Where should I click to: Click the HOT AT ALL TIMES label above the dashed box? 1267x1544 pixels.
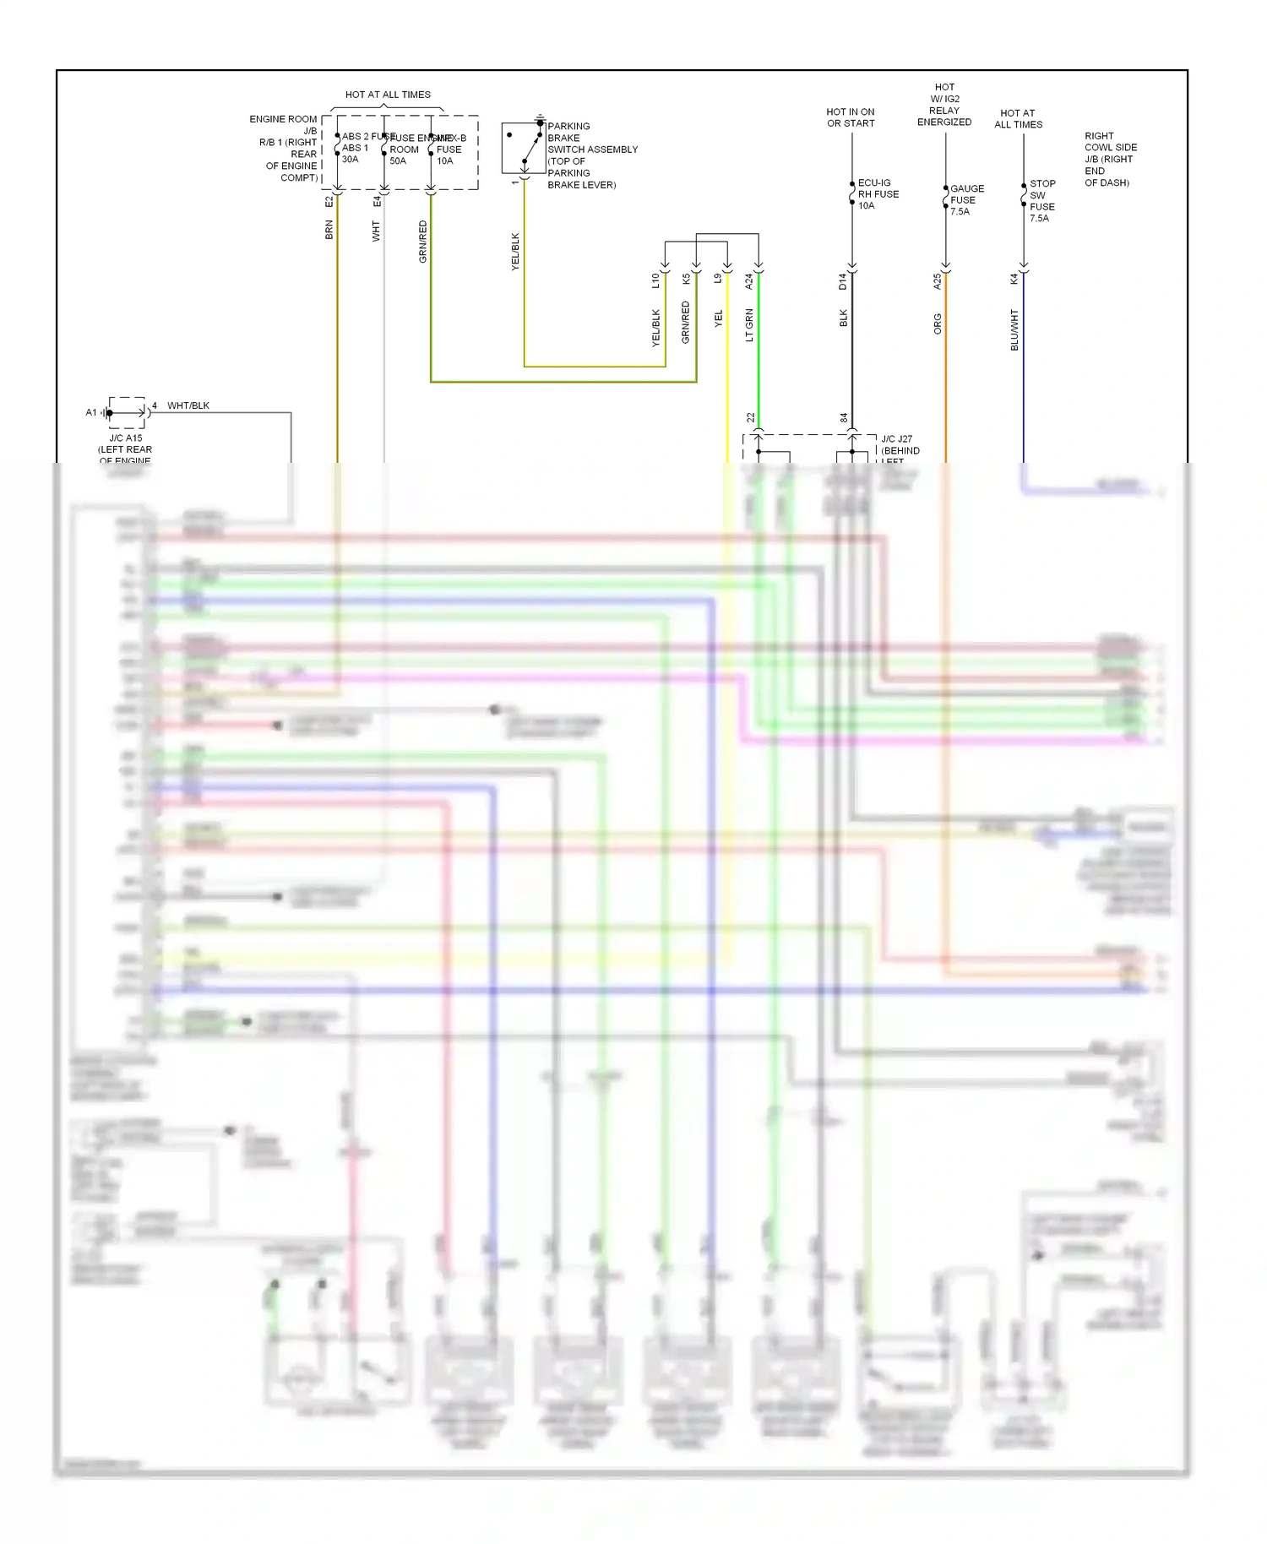[388, 95]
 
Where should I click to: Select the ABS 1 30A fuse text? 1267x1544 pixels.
[354, 153]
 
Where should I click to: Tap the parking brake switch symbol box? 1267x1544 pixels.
[524, 149]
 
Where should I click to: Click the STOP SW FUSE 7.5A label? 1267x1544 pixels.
[1041, 201]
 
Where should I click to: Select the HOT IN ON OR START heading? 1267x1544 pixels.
[850, 117]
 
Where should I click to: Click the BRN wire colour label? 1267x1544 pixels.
[329, 230]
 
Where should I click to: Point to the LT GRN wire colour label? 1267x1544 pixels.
[749, 325]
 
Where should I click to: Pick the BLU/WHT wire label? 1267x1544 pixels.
[1014, 329]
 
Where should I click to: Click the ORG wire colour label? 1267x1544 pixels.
[938, 324]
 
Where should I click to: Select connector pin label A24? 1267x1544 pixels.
[749, 281]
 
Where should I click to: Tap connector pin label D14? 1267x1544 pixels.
[843, 281]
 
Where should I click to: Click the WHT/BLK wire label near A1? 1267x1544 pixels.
[188, 405]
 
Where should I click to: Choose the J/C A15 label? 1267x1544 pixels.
[126, 438]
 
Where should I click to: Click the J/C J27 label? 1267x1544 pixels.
[896, 439]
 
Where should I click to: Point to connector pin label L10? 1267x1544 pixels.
[655, 280]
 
